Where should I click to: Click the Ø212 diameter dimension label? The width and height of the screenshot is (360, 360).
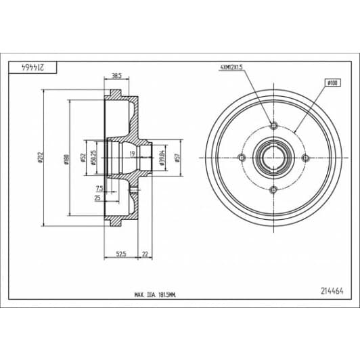[41, 157]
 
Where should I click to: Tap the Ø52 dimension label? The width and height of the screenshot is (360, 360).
[83, 158]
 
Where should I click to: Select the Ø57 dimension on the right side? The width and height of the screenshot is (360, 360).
[178, 158]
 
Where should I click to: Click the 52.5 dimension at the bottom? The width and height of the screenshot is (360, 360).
[122, 254]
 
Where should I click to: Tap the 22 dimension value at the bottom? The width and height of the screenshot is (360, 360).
[145, 254]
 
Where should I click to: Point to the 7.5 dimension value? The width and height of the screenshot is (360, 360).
[99, 187]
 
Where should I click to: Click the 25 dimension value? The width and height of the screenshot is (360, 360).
[97, 198]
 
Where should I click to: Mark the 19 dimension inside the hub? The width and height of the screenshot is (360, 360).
[133, 154]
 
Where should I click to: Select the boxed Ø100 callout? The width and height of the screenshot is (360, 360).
[332, 82]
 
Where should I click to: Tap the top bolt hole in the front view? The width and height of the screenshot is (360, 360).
[273, 126]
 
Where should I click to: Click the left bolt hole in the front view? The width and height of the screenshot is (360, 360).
[241, 158]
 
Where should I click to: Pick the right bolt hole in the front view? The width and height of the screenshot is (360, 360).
[305, 158]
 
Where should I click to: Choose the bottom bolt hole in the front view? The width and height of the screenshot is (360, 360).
[273, 189]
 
